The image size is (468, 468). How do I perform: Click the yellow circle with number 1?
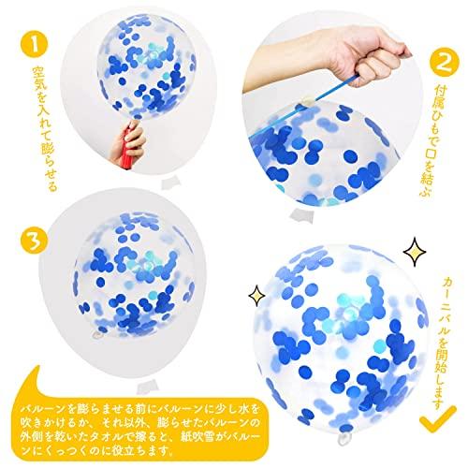[35, 44]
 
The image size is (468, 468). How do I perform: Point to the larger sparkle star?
[415, 252]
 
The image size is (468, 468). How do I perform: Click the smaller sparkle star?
[256, 295]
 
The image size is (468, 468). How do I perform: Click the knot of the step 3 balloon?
[97, 335]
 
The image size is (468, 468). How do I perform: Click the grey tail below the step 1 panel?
[171, 183]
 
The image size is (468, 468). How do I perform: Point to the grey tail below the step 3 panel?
[147, 386]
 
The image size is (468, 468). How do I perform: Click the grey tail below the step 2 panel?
[301, 216]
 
